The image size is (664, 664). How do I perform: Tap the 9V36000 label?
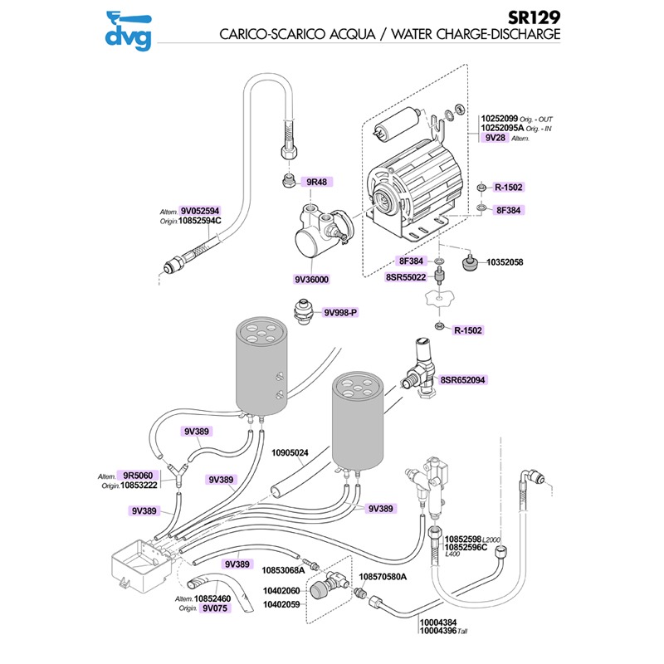tap(311, 280)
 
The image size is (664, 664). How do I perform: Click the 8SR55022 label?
tap(405, 278)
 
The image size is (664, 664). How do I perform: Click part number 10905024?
tap(290, 453)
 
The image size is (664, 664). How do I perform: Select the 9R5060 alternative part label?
tap(139, 476)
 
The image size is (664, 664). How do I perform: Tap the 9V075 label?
tap(213, 607)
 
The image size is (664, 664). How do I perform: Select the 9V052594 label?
tap(200, 211)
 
